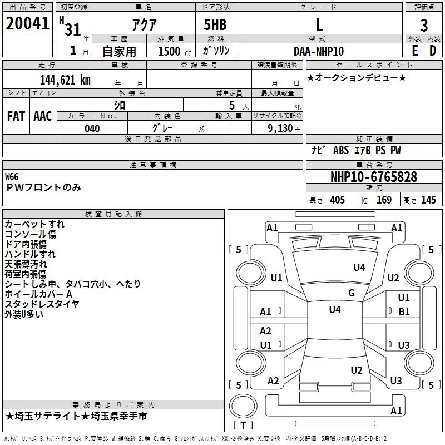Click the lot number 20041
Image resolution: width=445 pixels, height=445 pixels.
point(27,23)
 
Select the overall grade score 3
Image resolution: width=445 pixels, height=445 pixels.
point(424,25)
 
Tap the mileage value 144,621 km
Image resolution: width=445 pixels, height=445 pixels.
point(65,80)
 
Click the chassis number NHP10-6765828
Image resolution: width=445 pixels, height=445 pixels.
point(374,177)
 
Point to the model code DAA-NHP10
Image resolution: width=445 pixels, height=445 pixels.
point(319,51)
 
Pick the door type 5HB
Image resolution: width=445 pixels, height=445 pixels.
point(215,24)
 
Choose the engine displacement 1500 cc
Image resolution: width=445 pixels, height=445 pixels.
point(175,51)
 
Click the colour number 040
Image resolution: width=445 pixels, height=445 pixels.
point(92,128)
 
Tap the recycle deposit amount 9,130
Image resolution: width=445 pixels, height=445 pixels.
point(280,128)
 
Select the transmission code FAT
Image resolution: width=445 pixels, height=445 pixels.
point(16,116)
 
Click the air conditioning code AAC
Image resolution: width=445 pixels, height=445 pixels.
point(43,116)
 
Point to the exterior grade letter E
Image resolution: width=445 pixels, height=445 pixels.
point(414,51)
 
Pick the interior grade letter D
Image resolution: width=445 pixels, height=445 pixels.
point(433,51)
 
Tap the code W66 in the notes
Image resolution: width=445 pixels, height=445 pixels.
point(12,177)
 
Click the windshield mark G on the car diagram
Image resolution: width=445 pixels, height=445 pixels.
point(352,293)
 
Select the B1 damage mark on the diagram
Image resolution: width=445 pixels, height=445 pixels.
point(404,312)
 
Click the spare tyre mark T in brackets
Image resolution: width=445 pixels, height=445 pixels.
point(243,426)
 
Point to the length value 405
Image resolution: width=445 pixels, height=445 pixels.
point(337,200)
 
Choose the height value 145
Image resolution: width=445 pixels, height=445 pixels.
point(428,200)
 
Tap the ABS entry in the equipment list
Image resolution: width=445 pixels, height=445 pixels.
point(341,150)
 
